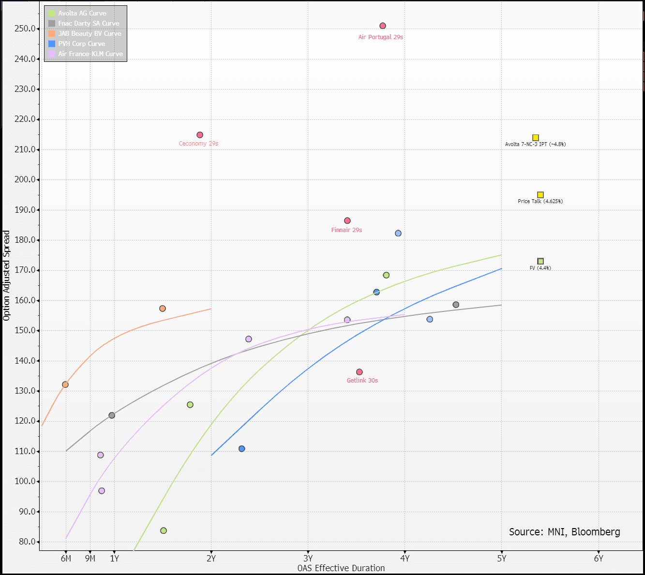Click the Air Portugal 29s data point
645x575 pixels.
(383, 26)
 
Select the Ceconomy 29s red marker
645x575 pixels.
(200, 135)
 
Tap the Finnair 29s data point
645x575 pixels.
(347, 221)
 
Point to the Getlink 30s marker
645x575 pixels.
(360, 372)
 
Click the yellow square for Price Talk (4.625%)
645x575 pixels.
(540, 195)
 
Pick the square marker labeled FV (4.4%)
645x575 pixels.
(540, 262)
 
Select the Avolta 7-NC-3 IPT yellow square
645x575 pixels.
(536, 138)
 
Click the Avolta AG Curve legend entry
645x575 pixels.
(82, 14)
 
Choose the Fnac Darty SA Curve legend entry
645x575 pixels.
(89, 24)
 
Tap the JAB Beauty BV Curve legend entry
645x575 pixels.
(90, 34)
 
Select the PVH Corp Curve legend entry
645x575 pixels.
(81, 44)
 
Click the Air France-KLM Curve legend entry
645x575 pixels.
(90, 54)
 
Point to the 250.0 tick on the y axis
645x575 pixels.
(25, 29)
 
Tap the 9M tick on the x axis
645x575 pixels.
(90, 559)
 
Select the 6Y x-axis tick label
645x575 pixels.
(599, 559)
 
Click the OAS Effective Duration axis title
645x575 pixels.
(341, 568)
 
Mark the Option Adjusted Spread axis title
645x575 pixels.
(6, 276)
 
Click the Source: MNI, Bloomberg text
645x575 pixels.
(564, 532)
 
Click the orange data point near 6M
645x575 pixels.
(65, 385)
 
